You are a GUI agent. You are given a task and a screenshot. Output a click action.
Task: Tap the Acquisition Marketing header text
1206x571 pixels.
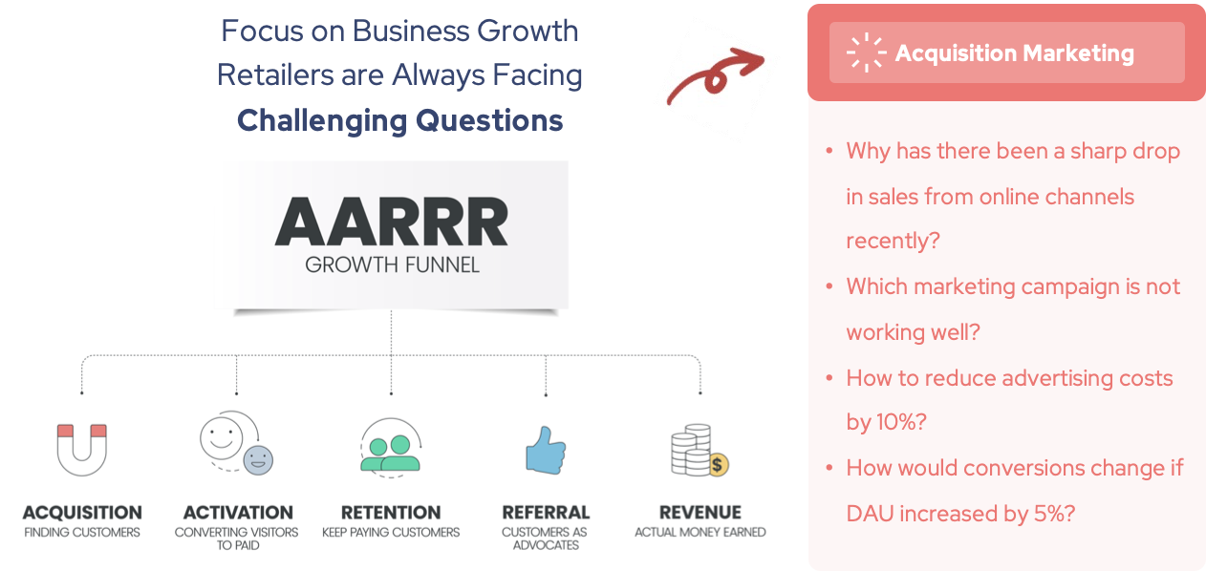click(x=1014, y=53)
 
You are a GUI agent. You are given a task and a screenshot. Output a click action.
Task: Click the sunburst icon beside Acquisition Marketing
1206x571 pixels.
click(x=866, y=53)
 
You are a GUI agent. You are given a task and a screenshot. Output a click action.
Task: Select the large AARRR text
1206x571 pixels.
click(x=392, y=222)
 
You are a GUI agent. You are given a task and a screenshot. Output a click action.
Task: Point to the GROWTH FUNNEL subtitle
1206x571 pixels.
click(x=392, y=264)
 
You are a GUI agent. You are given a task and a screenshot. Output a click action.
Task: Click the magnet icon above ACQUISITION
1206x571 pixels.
click(x=82, y=450)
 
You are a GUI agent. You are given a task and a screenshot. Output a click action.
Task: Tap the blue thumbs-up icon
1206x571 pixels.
click(x=546, y=451)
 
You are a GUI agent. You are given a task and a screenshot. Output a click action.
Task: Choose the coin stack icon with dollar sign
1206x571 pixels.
click(x=700, y=451)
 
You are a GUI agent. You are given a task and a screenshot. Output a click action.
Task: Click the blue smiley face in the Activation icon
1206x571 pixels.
click(x=258, y=460)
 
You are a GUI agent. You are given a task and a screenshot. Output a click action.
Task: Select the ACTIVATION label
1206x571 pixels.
click(x=238, y=513)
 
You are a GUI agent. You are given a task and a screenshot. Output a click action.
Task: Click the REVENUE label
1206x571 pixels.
click(x=700, y=513)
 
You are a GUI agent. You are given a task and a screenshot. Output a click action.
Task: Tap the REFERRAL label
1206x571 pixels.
click(x=546, y=513)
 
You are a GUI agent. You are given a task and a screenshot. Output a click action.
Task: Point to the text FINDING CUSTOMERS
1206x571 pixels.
click(x=82, y=532)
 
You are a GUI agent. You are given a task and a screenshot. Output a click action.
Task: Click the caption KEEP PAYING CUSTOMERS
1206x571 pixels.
click(x=391, y=532)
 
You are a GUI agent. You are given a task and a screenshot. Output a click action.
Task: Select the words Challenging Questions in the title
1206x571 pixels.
click(x=400, y=120)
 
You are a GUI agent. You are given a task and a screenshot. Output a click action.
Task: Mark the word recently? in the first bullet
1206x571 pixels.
click(x=893, y=241)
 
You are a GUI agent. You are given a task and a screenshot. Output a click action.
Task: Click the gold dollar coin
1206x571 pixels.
click(x=717, y=464)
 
